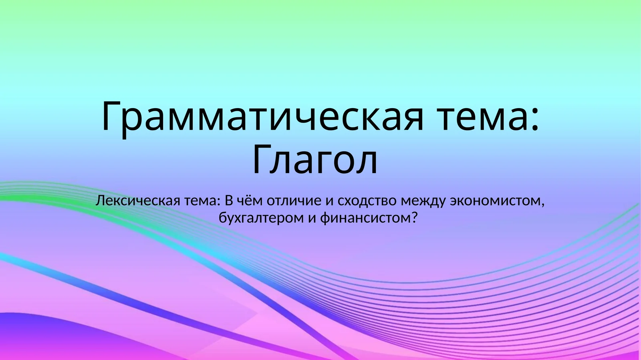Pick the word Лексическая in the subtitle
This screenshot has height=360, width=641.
coord(138,200)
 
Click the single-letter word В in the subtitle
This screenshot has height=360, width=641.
coord(229,200)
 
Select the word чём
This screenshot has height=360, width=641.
coord(249,200)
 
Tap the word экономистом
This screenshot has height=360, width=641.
coord(495,201)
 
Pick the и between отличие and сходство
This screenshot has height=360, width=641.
coord(329,201)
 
